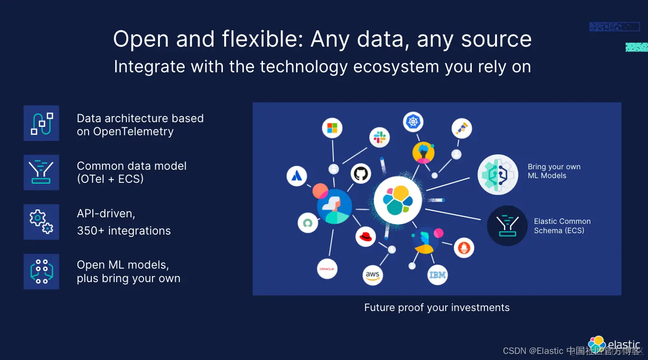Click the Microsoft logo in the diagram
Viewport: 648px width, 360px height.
pyautogui.click(x=332, y=128)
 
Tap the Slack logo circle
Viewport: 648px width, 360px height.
pyautogui.click(x=379, y=137)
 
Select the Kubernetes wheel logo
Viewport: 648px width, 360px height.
pyautogui.click(x=413, y=122)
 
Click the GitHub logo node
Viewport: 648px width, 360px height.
pyautogui.click(x=361, y=173)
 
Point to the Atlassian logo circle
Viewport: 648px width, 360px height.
pyautogui.click(x=296, y=176)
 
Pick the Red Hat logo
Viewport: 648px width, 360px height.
pyautogui.click(x=365, y=236)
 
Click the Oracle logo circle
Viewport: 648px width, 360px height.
pyautogui.click(x=327, y=269)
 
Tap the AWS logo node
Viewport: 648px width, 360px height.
pyautogui.click(x=372, y=275)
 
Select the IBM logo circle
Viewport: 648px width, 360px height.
pyautogui.click(x=437, y=275)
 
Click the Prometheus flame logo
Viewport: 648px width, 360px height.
pyautogui.click(x=464, y=247)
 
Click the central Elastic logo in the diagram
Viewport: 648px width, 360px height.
pyautogui.click(x=398, y=200)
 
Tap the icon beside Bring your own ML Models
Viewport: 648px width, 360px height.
pyautogui.click(x=498, y=175)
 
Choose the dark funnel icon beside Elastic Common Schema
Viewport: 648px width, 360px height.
pyautogui.click(x=507, y=226)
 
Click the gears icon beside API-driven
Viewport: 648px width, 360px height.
pyautogui.click(x=41, y=222)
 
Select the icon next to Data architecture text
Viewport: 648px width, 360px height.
pyautogui.click(x=41, y=123)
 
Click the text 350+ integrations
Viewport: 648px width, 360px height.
pyautogui.click(x=124, y=231)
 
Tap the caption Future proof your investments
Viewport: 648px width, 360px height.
pyautogui.click(x=437, y=308)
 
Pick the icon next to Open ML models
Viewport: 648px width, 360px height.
pyautogui.click(x=41, y=271)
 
